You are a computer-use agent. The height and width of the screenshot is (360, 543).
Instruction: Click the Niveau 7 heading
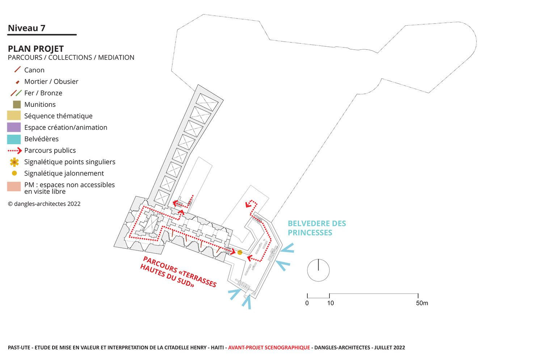click(x=26, y=28)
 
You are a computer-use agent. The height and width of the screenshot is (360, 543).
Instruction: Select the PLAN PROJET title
click(x=36, y=49)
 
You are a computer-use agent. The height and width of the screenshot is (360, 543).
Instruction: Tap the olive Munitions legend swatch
click(x=17, y=105)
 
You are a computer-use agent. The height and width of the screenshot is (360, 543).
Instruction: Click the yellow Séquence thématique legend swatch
click(x=14, y=116)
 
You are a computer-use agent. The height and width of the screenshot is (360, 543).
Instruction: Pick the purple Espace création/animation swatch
click(x=14, y=127)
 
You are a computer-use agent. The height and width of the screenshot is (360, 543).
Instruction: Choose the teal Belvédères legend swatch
click(x=14, y=139)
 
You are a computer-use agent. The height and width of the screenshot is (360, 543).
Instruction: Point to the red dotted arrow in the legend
click(x=15, y=151)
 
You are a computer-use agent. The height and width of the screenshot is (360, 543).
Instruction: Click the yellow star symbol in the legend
click(x=14, y=162)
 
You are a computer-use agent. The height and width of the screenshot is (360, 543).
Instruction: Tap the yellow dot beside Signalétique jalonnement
click(x=14, y=173)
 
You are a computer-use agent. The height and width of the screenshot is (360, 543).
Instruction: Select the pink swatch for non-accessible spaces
click(x=14, y=187)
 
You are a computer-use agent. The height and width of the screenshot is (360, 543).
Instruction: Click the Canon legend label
click(x=34, y=70)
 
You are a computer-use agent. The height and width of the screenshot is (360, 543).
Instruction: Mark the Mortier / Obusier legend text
click(x=51, y=82)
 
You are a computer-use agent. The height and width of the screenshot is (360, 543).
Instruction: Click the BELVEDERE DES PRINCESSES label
click(x=317, y=228)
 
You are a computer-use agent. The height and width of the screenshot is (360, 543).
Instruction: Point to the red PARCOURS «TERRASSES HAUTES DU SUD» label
click(x=179, y=272)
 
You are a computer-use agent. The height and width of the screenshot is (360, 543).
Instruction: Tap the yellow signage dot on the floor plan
click(x=240, y=252)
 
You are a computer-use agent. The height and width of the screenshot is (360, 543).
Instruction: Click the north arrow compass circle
click(x=318, y=270)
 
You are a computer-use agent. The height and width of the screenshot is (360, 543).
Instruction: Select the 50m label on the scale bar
click(x=422, y=304)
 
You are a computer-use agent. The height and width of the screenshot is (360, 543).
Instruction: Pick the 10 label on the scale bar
click(x=331, y=304)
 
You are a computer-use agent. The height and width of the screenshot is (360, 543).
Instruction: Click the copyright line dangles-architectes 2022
click(x=44, y=204)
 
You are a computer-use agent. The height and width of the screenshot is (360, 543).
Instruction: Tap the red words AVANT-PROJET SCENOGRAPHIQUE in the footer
click(x=269, y=348)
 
